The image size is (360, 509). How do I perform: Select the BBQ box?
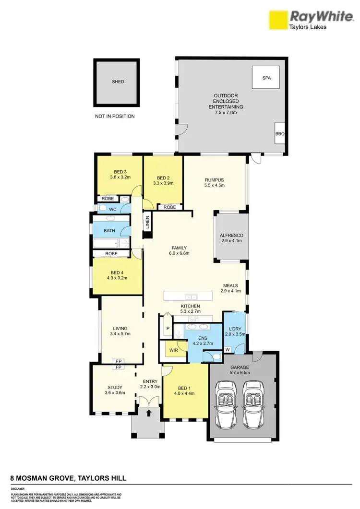pyautogui.click(x=279, y=134)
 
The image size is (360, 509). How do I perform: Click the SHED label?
pyautogui.click(x=118, y=82)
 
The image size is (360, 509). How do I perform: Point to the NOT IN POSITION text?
pyautogui.click(x=115, y=116)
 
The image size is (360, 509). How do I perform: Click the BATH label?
pyautogui.click(x=109, y=231)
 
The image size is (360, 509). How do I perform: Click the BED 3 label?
pyautogui.click(x=120, y=172)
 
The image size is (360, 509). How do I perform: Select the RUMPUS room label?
pyautogui.click(x=215, y=180)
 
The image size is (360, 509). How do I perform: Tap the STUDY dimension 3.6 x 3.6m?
pyautogui.click(x=115, y=393)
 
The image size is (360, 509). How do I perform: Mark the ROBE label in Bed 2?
pyautogui.click(x=169, y=207)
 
